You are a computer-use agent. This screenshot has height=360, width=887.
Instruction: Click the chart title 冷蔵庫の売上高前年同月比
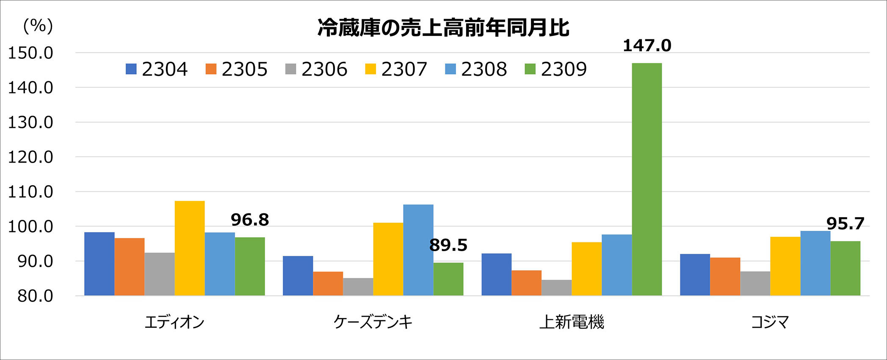[443, 28]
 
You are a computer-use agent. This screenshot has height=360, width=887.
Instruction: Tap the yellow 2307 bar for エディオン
[190, 248]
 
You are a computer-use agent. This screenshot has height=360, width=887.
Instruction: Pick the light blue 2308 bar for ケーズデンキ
[418, 250]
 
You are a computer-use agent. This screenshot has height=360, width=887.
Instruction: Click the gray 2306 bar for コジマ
[755, 283]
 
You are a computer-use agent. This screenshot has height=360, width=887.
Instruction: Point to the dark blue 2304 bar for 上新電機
[496, 274]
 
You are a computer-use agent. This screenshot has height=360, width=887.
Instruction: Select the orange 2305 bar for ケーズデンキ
[328, 283]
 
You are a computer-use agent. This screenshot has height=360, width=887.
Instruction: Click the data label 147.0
[647, 46]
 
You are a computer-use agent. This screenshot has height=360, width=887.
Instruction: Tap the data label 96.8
[250, 219]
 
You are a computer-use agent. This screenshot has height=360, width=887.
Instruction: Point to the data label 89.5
[448, 245]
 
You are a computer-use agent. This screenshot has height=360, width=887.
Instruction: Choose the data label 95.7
[845, 224]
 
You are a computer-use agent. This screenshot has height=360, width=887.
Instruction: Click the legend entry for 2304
[157, 69]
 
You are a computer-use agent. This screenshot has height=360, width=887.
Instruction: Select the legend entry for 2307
[396, 69]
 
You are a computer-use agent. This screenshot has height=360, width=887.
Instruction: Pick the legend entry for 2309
[556, 69]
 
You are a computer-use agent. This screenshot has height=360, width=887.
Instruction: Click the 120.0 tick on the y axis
[30, 157]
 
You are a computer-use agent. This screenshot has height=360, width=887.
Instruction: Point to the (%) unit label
[38, 26]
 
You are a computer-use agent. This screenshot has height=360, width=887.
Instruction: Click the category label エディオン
[174, 322]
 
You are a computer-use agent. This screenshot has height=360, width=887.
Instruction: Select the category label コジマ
[770, 322]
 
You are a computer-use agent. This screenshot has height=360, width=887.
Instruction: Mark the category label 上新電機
[572, 322]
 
